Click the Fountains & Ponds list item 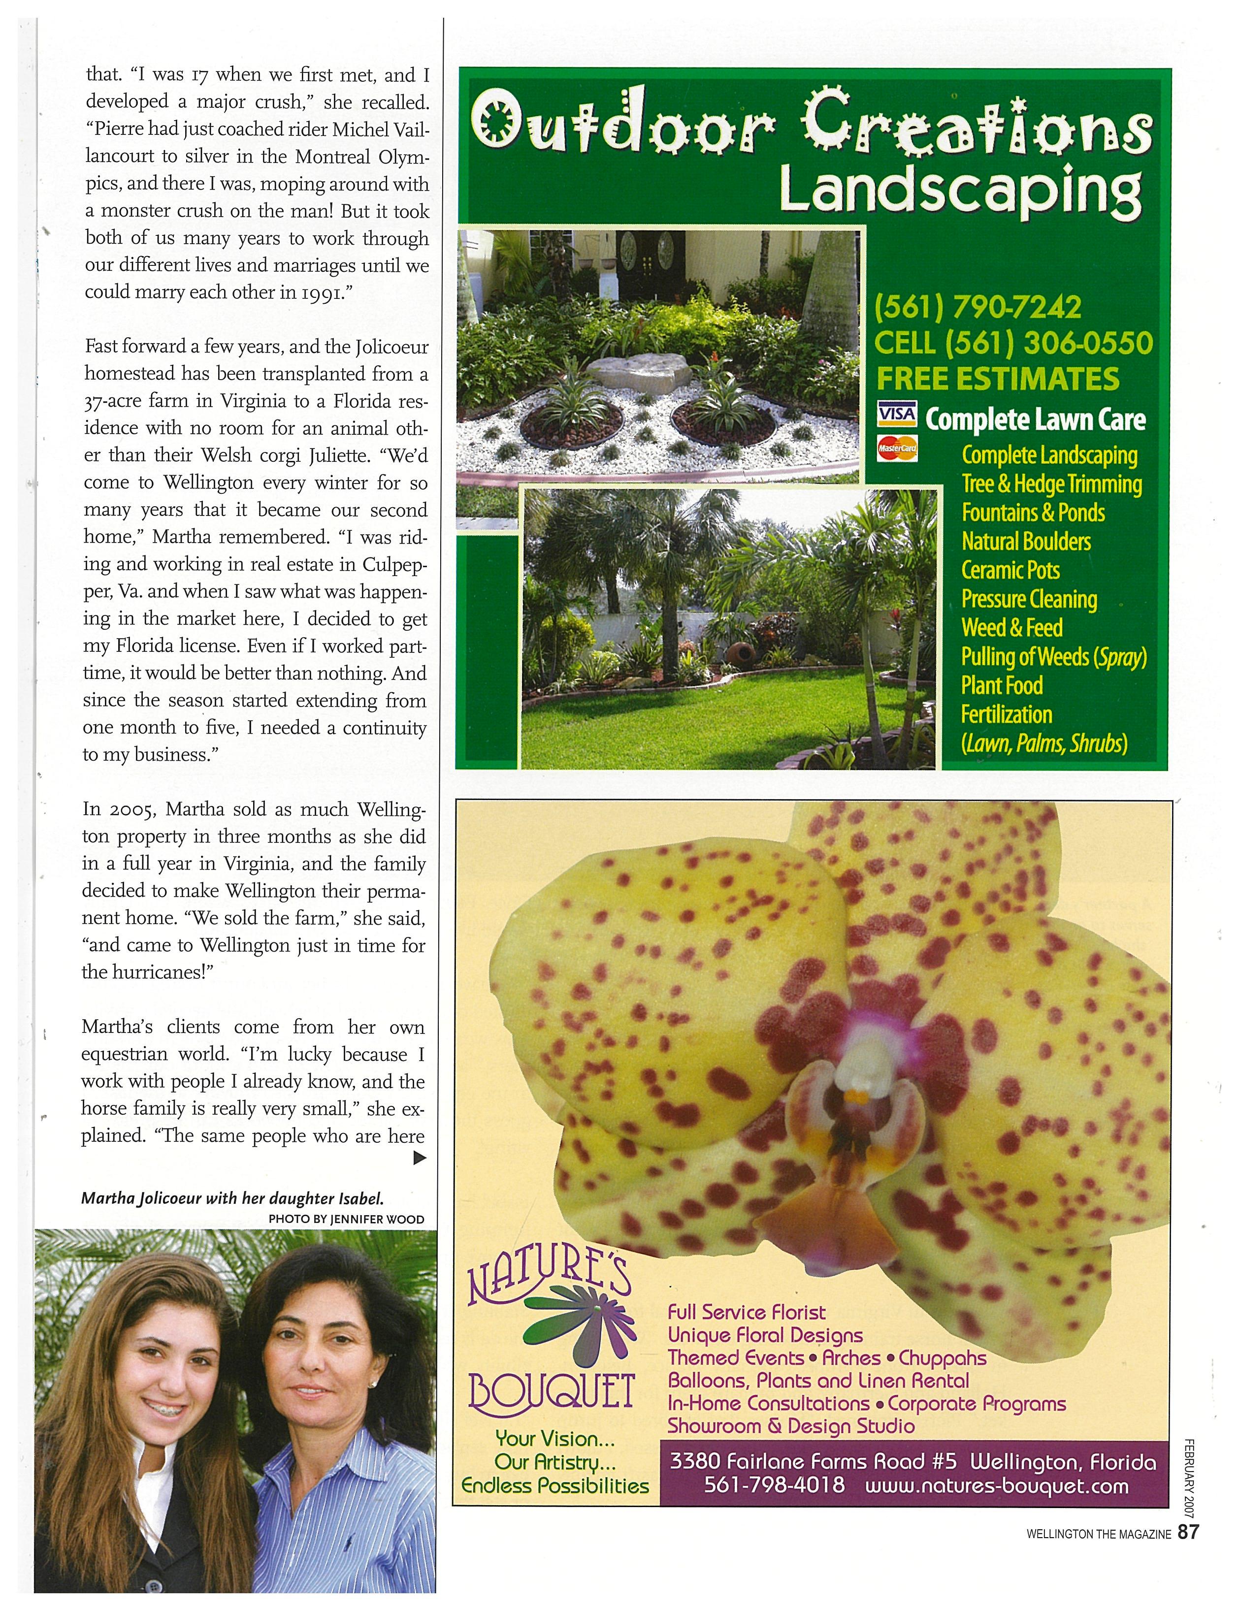click(x=1032, y=512)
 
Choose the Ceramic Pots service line click(x=1010, y=570)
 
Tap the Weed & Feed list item click(x=1012, y=628)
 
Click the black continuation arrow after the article click(x=419, y=1159)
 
